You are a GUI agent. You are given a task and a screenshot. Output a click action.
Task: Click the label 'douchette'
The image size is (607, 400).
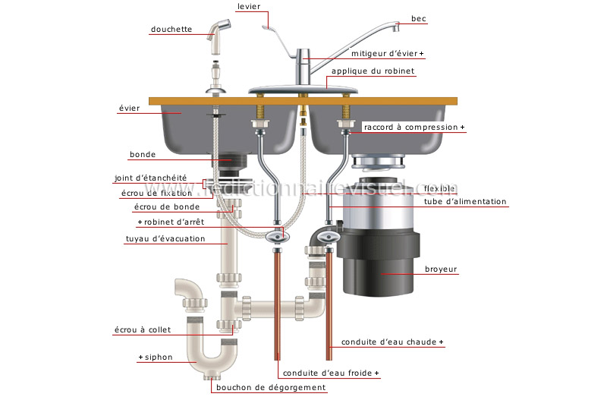pos(171,29)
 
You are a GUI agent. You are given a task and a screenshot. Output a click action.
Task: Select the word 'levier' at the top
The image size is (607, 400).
pos(249,6)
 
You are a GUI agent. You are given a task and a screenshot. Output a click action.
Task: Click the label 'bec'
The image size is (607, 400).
pos(419,18)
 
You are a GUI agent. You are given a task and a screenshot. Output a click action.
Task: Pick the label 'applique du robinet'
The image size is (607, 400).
pos(373,71)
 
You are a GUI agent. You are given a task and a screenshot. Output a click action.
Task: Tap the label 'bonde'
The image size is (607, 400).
pos(143,154)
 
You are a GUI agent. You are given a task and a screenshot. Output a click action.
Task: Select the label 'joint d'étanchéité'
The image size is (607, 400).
pos(150,178)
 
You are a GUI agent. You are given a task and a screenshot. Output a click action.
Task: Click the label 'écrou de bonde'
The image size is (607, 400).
pos(167,206)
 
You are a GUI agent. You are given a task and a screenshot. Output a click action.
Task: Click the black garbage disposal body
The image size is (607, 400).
pos(378,261)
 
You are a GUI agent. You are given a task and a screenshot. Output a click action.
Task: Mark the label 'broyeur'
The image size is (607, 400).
pos(441,269)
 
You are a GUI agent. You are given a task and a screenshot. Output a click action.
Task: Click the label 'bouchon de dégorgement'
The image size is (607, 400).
pos(271,387)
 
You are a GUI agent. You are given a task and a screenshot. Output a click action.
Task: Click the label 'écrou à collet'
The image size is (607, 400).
pos(143,329)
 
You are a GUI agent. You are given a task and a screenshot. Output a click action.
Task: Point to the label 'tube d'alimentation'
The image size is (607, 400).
pos(465,201)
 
